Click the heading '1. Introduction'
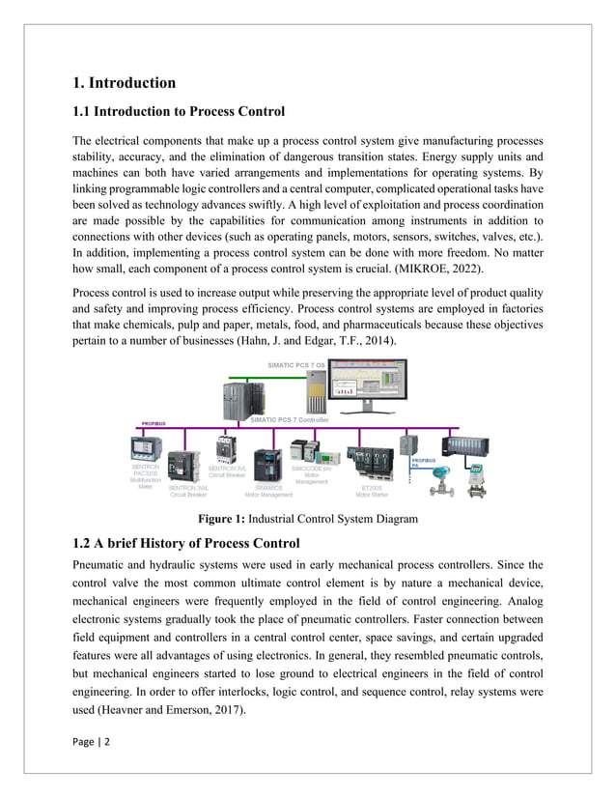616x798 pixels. point(125,83)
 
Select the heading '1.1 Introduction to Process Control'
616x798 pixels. point(179,111)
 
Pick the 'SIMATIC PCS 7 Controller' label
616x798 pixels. point(290,419)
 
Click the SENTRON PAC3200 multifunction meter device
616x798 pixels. point(146,448)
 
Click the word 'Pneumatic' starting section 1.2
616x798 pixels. point(101,564)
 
